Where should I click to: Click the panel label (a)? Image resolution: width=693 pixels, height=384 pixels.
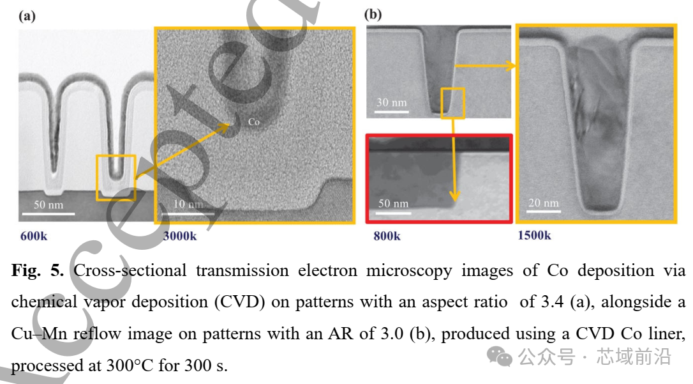[x=27, y=17]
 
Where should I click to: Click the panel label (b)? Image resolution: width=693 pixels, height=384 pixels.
[x=373, y=14]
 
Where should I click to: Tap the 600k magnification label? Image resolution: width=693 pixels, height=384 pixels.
[x=34, y=236]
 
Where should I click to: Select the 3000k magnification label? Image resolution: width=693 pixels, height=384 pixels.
[x=180, y=236]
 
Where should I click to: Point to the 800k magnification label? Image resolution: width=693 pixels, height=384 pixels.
[x=387, y=236]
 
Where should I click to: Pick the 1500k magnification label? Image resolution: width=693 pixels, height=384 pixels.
[x=534, y=235]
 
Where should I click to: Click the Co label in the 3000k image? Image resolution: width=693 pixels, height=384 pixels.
[x=254, y=121]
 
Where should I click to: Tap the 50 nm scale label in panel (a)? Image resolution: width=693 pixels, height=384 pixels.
[x=48, y=205]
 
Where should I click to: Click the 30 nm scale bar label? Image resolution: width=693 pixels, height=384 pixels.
[x=392, y=102]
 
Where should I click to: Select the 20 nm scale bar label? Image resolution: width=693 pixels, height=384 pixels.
[x=544, y=203]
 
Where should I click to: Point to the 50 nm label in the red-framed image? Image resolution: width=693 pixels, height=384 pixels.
[x=393, y=204]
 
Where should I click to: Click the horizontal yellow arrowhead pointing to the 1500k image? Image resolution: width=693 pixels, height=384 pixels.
[x=510, y=66]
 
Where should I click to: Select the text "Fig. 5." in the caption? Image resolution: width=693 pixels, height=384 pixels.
[x=37, y=270]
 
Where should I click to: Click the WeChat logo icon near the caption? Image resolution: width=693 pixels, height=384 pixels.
[x=500, y=357]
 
